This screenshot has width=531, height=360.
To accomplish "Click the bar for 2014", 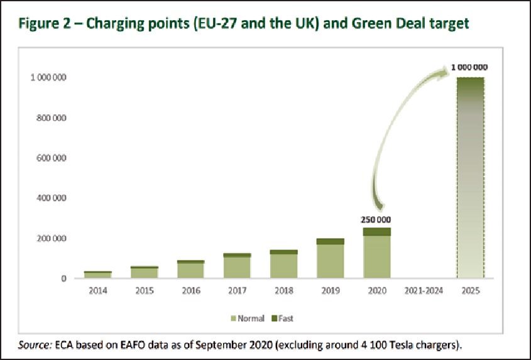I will point(98,275).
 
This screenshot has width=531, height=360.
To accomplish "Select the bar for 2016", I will point(190,270).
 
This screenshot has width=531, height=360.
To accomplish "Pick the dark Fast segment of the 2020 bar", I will point(376,232).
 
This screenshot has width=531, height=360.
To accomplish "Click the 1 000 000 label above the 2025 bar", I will point(469,67).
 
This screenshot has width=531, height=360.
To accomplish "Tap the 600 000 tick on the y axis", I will point(48,158).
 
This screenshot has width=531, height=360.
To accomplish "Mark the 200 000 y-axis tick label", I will point(48,239).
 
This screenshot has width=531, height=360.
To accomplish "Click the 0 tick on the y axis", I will point(63,279).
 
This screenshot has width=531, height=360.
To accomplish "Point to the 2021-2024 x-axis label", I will point(423,291).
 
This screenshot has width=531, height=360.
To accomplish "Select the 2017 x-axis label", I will point(237,291).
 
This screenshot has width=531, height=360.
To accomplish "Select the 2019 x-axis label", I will point(330,291).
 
